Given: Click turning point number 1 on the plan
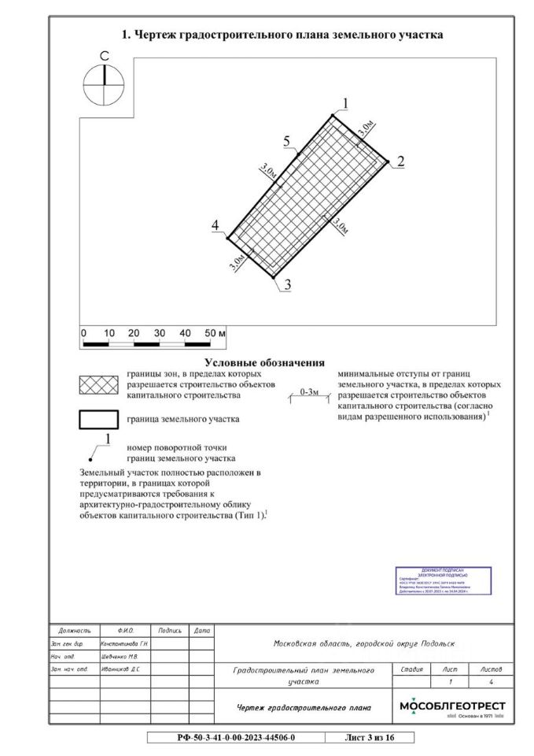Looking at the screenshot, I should tap(344, 103).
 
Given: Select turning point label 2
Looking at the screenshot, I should tap(400, 161).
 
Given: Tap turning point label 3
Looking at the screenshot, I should tap(288, 285).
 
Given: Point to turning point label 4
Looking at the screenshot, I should tap(215, 227).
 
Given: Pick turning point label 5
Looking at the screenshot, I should tap(288, 141).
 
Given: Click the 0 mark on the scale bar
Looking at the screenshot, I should tap(84, 334).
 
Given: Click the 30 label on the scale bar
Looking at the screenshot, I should tap(159, 334).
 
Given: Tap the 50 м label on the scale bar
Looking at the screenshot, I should tap(214, 334).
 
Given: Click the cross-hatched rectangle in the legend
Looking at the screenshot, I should tap(98, 384).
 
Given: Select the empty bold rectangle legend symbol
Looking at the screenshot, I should tap(98, 419).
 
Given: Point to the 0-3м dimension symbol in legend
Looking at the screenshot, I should tap(309, 392).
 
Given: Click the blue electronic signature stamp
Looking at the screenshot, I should tap(444, 580).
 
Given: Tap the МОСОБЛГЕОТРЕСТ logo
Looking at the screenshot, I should tap(452, 706).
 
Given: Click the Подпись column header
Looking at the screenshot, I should tap(170, 631).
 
